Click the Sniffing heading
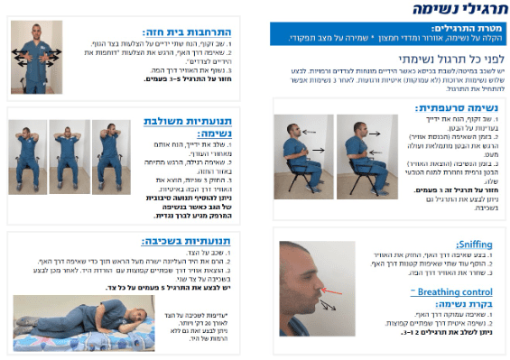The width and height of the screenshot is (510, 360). pos(474,244)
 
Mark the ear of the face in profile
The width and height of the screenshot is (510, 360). pos(293,271)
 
